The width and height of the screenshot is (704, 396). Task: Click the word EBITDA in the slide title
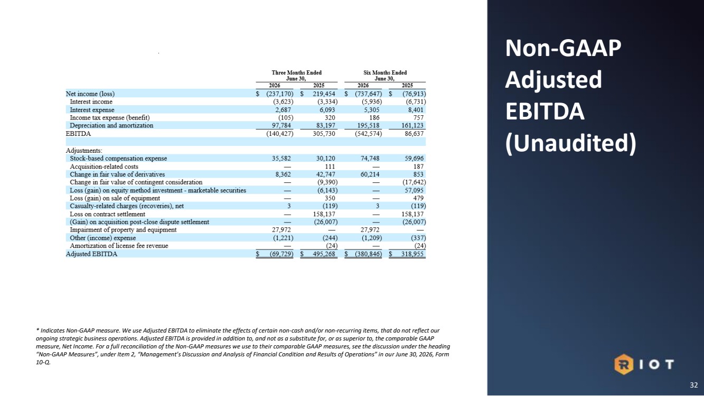point(545,112)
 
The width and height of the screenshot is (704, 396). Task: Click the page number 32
point(693,385)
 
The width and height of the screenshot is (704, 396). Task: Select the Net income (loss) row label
point(90,94)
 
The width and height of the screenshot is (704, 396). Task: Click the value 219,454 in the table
point(324,94)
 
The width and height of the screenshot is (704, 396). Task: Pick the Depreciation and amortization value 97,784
point(281,125)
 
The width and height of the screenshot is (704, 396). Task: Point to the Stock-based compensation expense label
point(118,158)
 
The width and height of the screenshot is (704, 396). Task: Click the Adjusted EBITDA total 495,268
point(324,254)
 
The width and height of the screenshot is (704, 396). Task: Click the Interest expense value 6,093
point(326,110)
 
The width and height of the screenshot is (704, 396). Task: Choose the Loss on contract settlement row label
point(108,214)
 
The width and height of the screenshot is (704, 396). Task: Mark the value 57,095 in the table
point(414,190)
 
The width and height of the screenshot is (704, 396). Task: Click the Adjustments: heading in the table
point(84,151)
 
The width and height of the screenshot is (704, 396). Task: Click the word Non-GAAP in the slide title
point(563,48)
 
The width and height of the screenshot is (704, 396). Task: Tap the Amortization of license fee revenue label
point(119,246)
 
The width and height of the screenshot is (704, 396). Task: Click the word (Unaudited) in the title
point(571,144)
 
